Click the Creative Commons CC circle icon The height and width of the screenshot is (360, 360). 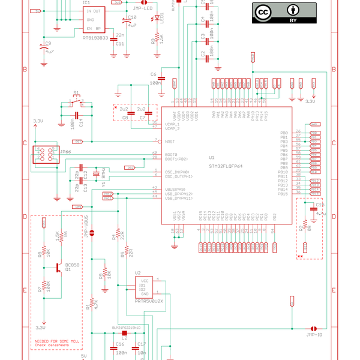[263, 12]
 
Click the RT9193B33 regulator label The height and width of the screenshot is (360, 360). [95, 37]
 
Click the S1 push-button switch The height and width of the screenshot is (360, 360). [76, 101]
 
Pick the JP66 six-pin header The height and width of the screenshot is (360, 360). [46, 154]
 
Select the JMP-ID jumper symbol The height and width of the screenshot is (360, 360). [313, 328]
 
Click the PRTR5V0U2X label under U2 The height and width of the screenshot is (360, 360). [149, 301]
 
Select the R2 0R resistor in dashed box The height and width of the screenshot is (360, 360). [305, 228]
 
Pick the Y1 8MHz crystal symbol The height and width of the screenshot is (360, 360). [103, 175]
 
